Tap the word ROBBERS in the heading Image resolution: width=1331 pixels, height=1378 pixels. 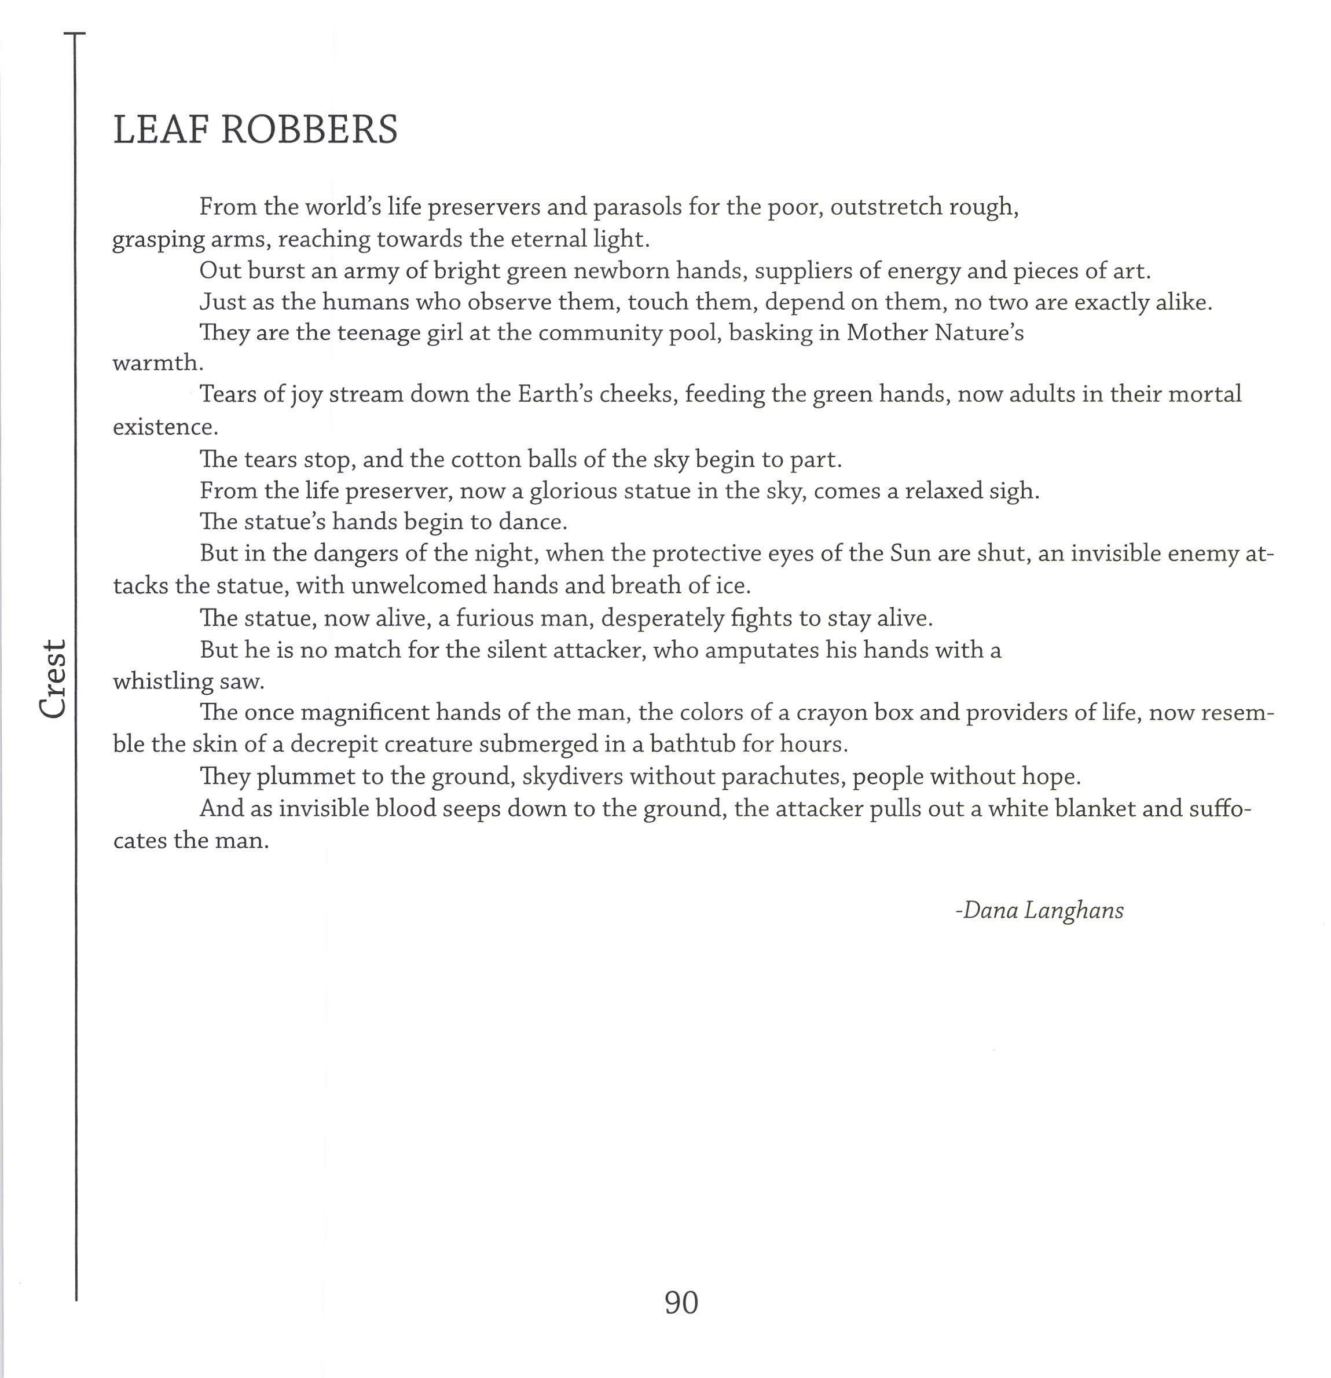pyautogui.click(x=309, y=130)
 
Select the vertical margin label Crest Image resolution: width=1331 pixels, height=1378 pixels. pyautogui.click(x=53, y=679)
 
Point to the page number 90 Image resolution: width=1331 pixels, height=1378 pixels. pyautogui.click(x=681, y=1303)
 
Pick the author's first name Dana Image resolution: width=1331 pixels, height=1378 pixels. pyautogui.click(x=989, y=910)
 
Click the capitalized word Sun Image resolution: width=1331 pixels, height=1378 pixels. pyautogui.click(x=910, y=554)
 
